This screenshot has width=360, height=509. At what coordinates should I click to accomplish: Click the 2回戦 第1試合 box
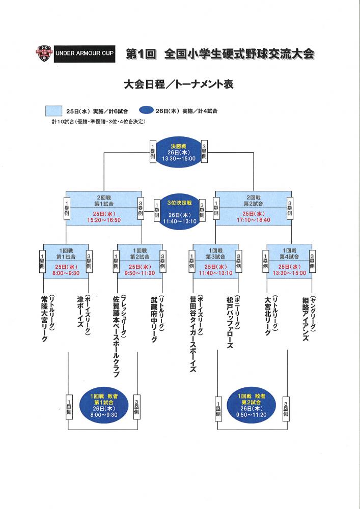click(x=104, y=207)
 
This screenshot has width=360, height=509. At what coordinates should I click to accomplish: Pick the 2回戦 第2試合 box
click(x=253, y=207)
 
